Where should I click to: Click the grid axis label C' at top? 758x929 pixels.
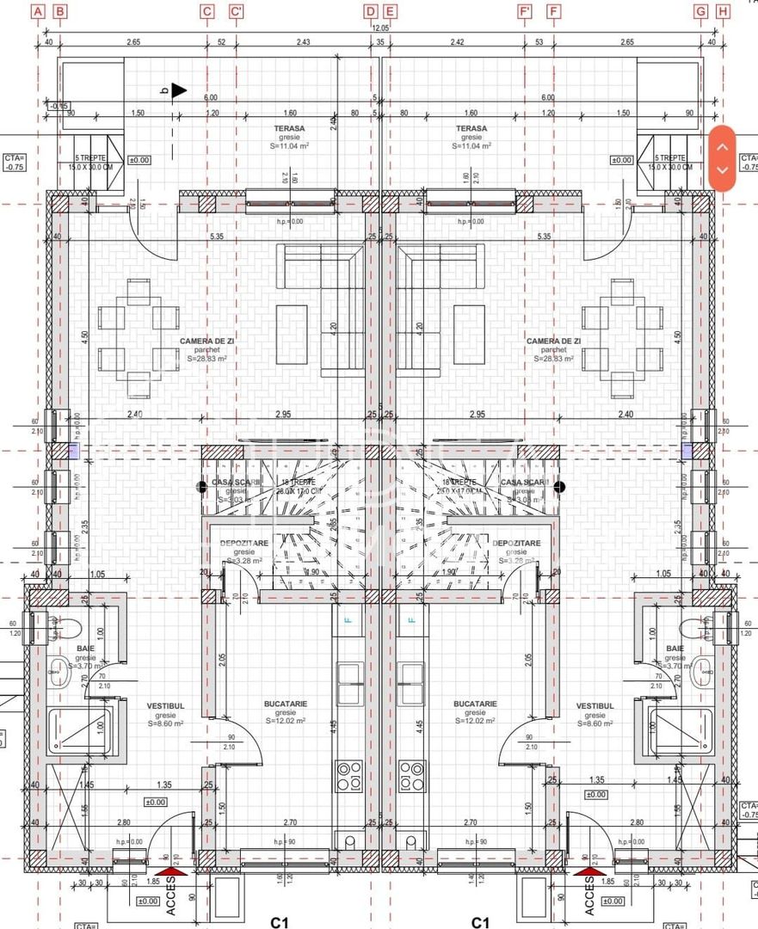(237, 11)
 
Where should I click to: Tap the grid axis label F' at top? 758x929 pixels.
(525, 11)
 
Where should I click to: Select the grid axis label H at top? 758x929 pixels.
(723, 11)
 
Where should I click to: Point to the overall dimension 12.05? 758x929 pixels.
(380, 28)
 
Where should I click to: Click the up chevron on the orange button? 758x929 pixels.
(723, 146)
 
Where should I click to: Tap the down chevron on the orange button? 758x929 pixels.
(723, 170)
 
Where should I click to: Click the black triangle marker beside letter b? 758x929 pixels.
(179, 89)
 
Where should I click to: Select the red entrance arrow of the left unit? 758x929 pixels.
(170, 872)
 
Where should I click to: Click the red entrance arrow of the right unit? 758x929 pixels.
(589, 872)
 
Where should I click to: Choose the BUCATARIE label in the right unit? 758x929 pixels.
(475, 704)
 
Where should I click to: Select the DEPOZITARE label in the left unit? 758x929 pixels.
(243, 543)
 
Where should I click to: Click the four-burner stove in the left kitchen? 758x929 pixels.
(348, 776)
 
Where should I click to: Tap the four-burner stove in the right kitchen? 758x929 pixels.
(411, 776)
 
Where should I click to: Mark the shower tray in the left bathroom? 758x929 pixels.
(77, 731)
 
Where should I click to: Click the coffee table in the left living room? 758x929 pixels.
(291, 335)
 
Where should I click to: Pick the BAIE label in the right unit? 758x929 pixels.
(675, 648)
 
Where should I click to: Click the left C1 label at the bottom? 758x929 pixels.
(279, 922)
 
